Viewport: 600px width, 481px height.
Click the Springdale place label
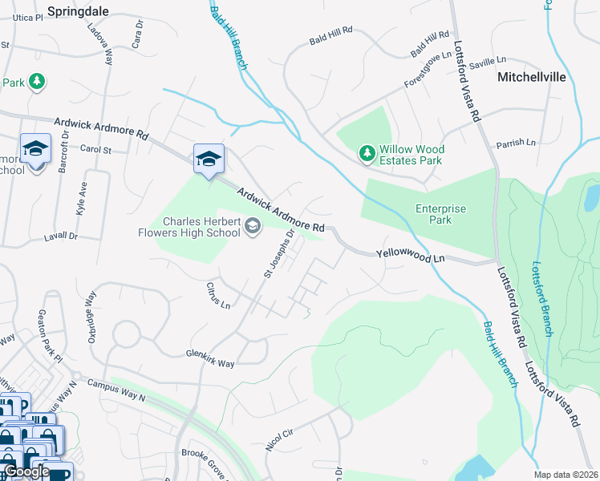coord(78,12)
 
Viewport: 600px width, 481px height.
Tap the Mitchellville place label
coord(532,78)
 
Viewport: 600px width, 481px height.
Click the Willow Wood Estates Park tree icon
coord(367,152)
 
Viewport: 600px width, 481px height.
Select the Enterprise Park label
coord(440,214)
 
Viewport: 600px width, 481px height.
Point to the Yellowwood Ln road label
coord(410,256)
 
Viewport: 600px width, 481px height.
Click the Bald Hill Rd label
coord(331,30)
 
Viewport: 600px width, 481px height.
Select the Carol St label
coord(95,150)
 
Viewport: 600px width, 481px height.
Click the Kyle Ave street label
coord(82,196)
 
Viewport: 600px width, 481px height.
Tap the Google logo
coord(27,471)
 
